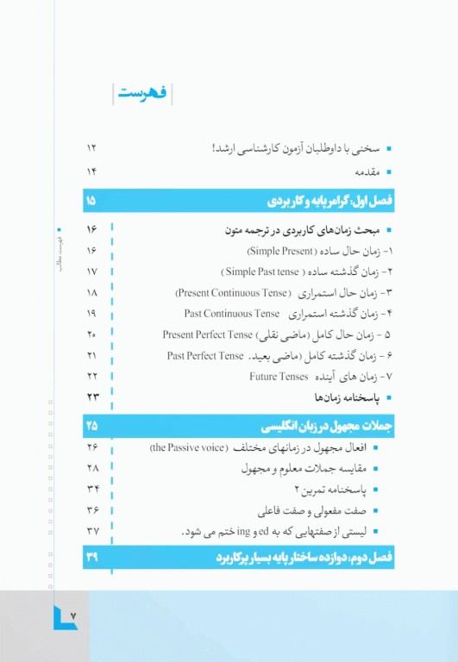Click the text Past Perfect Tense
(x=206, y=355)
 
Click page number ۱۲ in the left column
(x=92, y=148)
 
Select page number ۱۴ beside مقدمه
(x=92, y=171)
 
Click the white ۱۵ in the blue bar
(x=92, y=202)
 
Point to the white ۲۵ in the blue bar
(x=92, y=425)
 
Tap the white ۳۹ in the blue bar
(x=92, y=558)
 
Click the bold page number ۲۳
(x=92, y=397)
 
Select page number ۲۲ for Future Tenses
(x=92, y=376)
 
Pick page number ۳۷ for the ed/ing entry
(x=92, y=531)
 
